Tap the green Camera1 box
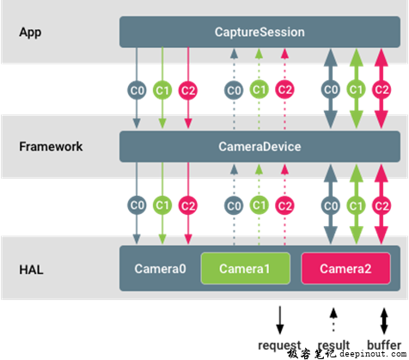tap(244, 269)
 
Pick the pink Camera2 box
tap(345, 269)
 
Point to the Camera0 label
tap(160, 269)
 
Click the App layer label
tap(30, 32)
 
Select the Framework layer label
tap(51, 146)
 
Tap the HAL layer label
tap(31, 268)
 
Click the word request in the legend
tap(278, 346)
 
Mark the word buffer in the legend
tap(382, 346)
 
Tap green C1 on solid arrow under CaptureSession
tap(162, 89)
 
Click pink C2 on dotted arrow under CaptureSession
tap(285, 89)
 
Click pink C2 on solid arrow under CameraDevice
tap(188, 204)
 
